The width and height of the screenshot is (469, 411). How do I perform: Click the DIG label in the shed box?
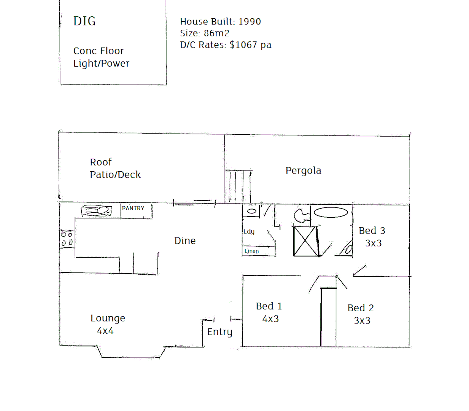pyautogui.click(x=84, y=21)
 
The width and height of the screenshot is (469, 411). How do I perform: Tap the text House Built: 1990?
pyautogui.click(x=220, y=22)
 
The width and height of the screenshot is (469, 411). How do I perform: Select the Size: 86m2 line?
pyautogui.click(x=205, y=33)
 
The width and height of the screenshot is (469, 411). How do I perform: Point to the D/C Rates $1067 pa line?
pyautogui.click(x=226, y=45)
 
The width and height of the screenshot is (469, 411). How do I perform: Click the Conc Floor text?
pyautogui.click(x=99, y=51)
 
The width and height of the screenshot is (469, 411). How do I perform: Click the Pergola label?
pyautogui.click(x=303, y=170)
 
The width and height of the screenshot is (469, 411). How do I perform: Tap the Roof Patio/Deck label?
pyautogui.click(x=115, y=168)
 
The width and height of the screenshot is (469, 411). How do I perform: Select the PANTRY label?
pyautogui.click(x=133, y=208)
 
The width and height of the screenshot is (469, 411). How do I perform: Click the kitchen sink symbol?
pyautogui.click(x=97, y=211)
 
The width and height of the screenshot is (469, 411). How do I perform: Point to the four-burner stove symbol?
pyautogui.click(x=67, y=239)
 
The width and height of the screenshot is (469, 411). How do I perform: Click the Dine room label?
pyautogui.click(x=185, y=241)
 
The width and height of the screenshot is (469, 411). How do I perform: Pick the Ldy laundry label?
pyautogui.click(x=249, y=231)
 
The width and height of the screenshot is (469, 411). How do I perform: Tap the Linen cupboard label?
pyautogui.click(x=251, y=251)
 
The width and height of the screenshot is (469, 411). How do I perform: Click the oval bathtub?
pyautogui.click(x=331, y=212)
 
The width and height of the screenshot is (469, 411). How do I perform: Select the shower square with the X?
pyautogui.click(x=305, y=241)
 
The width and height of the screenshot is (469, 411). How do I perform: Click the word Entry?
pyautogui.click(x=219, y=332)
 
